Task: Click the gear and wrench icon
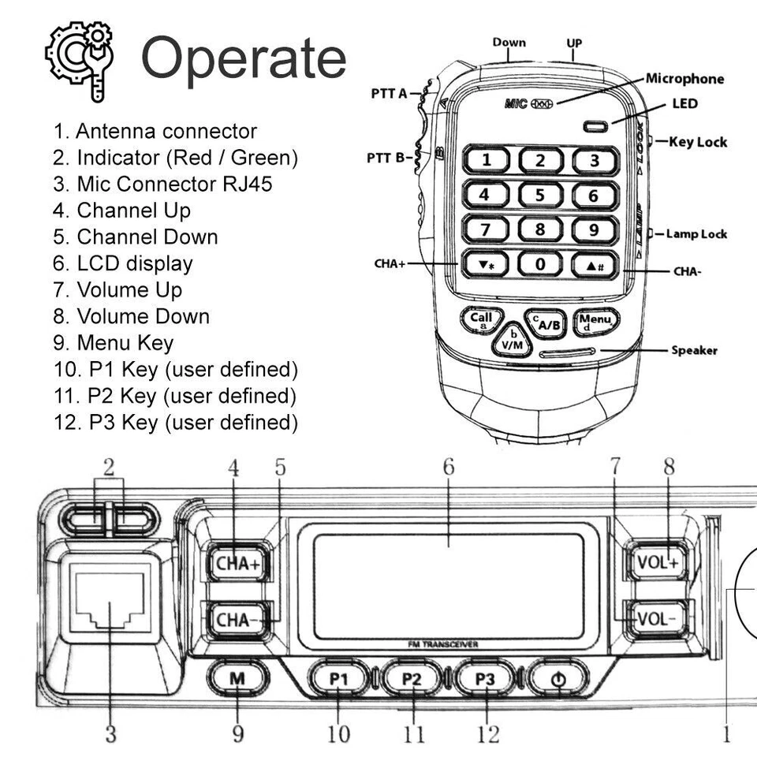[80, 58]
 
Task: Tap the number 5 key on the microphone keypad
[540, 195]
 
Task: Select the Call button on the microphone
[480, 320]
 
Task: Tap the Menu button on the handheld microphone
[595, 322]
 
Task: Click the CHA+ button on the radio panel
[237, 564]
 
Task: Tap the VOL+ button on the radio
[654, 562]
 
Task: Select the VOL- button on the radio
[654, 617]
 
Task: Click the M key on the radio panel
[237, 678]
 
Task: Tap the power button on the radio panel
[559, 678]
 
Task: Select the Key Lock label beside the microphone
[697, 142]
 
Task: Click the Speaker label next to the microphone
[694, 350]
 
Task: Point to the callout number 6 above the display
[448, 467]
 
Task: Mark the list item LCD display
[134, 263]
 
